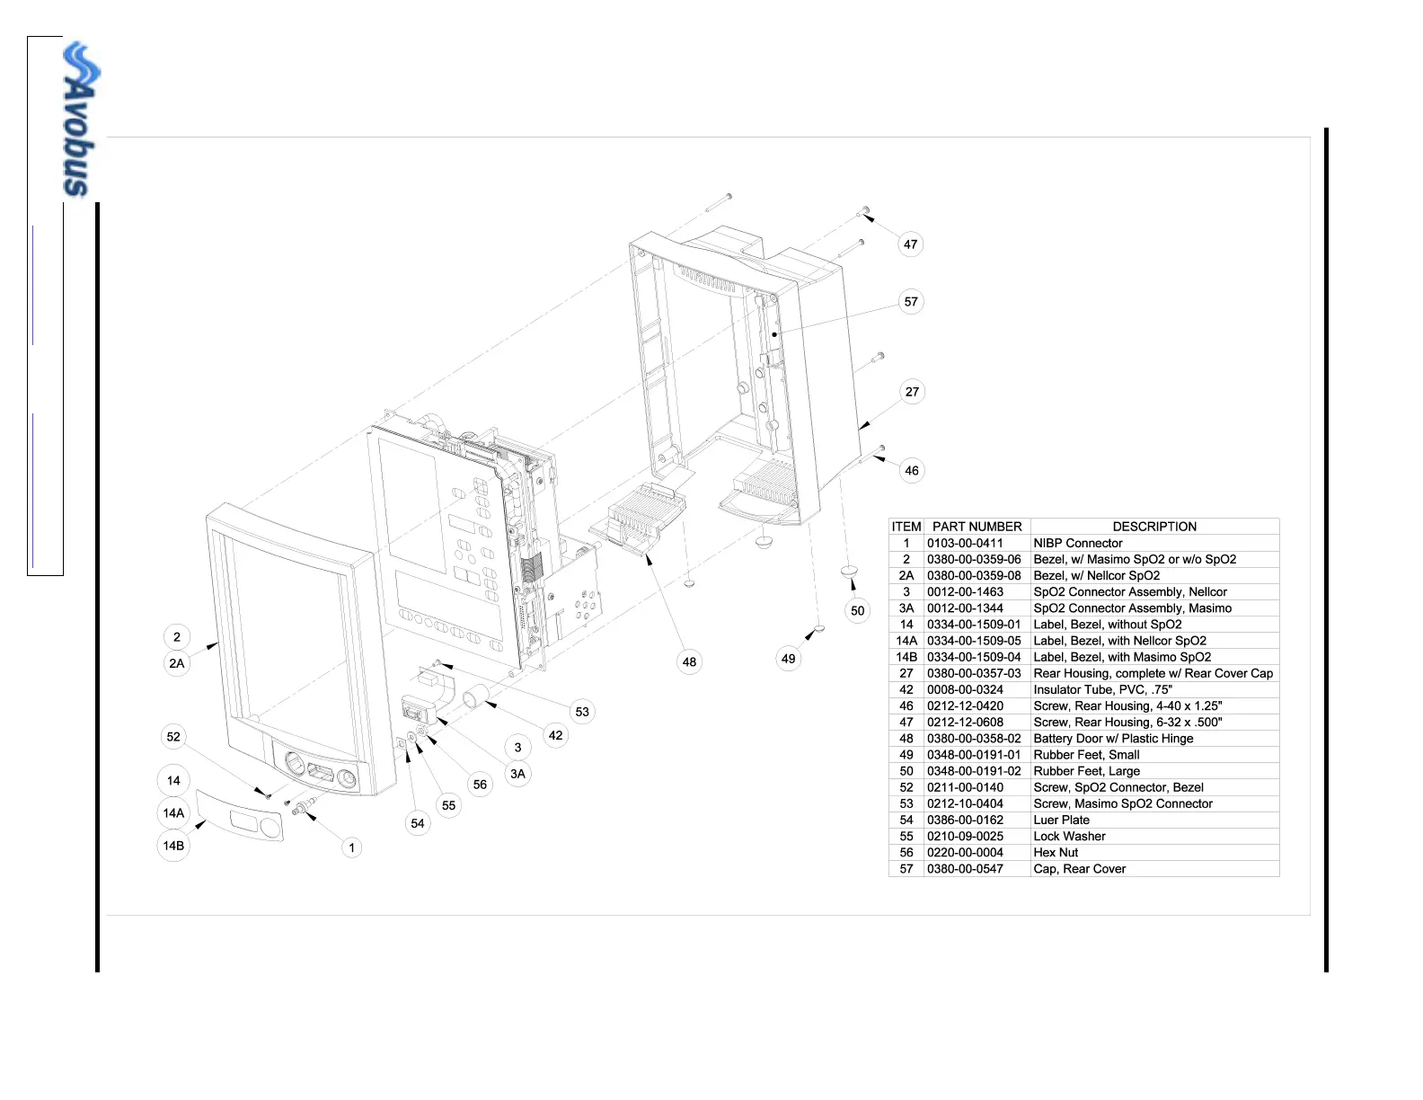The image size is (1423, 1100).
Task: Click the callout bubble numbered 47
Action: (911, 244)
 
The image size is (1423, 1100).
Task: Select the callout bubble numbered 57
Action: (911, 302)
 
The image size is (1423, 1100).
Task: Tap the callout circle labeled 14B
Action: (173, 846)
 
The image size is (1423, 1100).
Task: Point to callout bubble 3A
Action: (517, 774)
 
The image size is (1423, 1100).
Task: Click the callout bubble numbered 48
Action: (689, 662)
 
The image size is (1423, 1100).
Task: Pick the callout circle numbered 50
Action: (858, 611)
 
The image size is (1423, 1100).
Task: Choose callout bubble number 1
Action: (351, 847)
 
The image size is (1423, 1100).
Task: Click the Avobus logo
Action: (81, 119)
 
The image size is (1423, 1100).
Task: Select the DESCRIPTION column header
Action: (1154, 527)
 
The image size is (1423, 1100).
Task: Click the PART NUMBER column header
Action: (977, 527)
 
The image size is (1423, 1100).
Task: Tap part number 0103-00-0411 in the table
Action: (965, 543)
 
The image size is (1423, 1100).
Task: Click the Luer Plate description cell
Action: (1061, 820)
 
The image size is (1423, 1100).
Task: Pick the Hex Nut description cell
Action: (1056, 853)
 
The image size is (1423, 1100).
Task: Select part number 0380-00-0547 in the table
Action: (965, 869)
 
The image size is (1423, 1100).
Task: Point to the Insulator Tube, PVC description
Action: (1102, 690)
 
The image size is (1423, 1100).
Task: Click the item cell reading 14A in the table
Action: (906, 641)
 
